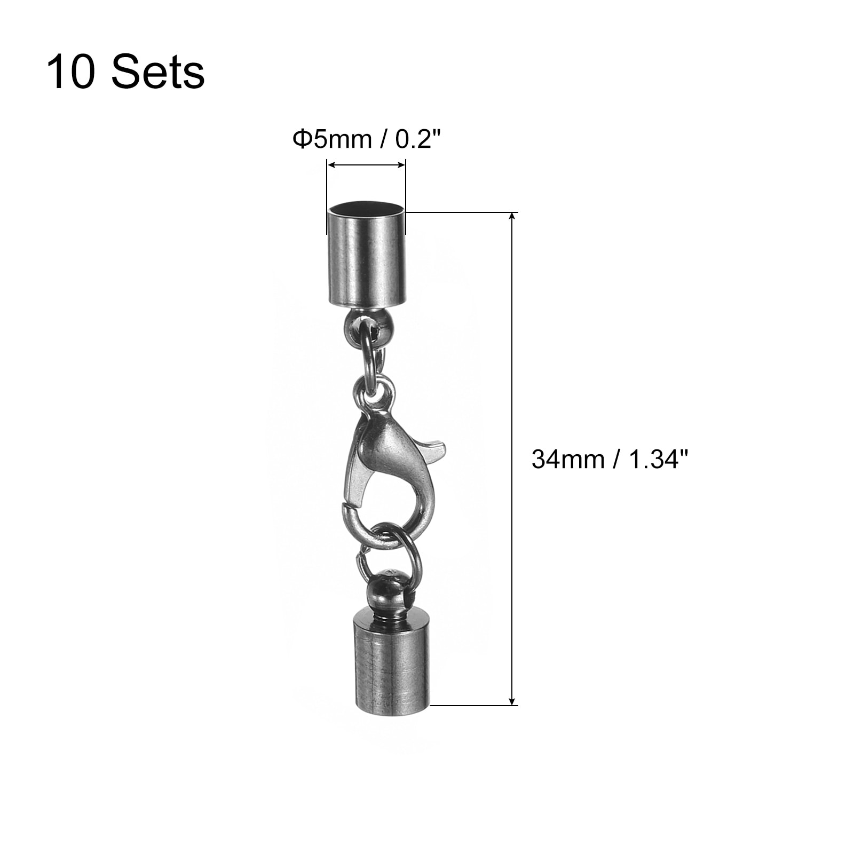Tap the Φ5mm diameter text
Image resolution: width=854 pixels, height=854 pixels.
[331, 139]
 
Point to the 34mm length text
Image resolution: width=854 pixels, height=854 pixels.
[567, 458]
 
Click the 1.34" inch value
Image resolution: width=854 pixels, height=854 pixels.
[657, 458]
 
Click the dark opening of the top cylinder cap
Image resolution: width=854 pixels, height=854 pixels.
[366, 208]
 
